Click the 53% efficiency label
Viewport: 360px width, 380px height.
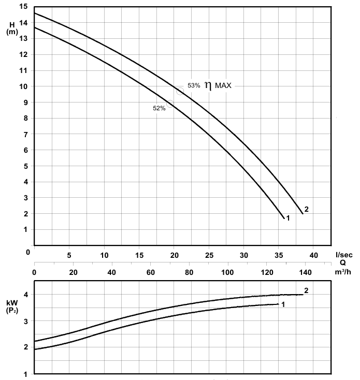coord(194,85)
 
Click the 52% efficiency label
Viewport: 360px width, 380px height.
coord(159,108)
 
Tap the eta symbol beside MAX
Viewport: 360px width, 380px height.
coord(208,86)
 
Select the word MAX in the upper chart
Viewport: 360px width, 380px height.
coord(224,85)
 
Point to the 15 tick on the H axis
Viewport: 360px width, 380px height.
coord(21,7)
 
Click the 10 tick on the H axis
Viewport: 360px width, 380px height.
coord(21,86)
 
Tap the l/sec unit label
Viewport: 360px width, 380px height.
coord(344,255)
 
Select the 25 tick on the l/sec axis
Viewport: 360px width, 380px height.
coord(209,255)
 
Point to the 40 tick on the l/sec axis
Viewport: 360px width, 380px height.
coord(314,255)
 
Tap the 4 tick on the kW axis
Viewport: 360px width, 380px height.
coord(25,295)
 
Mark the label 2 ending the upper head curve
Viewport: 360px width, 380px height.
coord(307,209)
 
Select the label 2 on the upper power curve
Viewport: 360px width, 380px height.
coord(306,290)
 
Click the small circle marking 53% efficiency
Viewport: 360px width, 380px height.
coord(180,92)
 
